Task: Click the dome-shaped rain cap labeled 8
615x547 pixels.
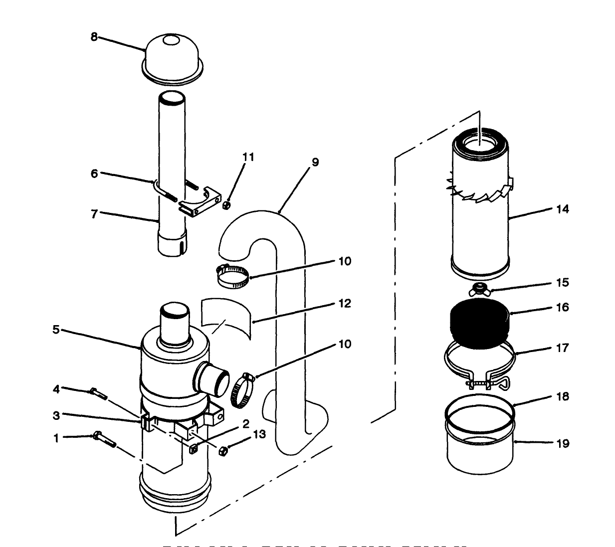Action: pyautogui.click(x=173, y=55)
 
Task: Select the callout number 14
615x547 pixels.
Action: pyautogui.click(x=562, y=209)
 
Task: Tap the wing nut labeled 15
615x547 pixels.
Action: pyautogui.click(x=480, y=289)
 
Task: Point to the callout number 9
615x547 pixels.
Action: pyautogui.click(x=315, y=162)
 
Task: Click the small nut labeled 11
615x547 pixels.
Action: pyautogui.click(x=225, y=204)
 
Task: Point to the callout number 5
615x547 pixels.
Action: pyautogui.click(x=56, y=330)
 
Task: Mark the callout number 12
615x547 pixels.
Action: pyautogui.click(x=344, y=303)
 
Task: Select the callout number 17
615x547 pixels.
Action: pyautogui.click(x=562, y=348)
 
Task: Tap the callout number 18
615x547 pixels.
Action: pyautogui.click(x=562, y=396)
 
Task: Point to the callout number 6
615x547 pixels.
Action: pyautogui.click(x=94, y=173)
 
